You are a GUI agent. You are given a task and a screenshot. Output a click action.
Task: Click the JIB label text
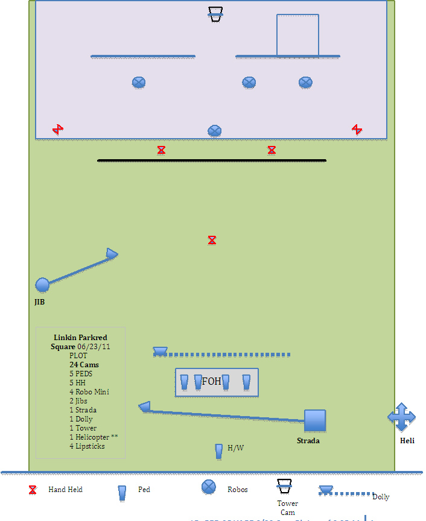click(x=39, y=302)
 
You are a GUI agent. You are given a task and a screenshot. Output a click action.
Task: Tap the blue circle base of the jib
click(x=42, y=285)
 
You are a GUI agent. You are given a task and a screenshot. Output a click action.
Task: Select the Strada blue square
click(x=314, y=420)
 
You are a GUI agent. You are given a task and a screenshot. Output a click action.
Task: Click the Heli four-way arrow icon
click(x=401, y=417)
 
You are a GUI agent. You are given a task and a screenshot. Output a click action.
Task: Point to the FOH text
click(x=211, y=382)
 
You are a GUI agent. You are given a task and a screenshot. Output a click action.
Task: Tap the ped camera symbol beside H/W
click(x=218, y=451)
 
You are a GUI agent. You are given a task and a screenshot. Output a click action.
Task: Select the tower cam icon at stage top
click(x=215, y=14)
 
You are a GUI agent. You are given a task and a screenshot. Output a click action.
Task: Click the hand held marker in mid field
click(x=212, y=241)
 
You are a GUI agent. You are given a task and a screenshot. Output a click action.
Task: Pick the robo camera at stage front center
click(x=214, y=131)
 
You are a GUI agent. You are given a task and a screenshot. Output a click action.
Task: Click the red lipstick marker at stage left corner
click(x=58, y=129)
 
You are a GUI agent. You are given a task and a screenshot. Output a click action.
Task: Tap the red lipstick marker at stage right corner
click(x=357, y=129)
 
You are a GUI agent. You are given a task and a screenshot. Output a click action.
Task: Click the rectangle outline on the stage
click(x=297, y=35)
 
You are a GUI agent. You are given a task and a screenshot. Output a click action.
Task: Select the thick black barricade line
click(x=212, y=160)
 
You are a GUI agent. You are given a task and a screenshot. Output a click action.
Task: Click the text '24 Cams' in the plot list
click(x=84, y=365)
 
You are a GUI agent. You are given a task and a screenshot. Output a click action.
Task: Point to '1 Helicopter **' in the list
click(x=89, y=437)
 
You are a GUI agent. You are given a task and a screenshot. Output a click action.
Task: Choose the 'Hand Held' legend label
click(x=65, y=490)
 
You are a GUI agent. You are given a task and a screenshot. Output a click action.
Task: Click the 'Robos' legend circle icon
click(x=209, y=487)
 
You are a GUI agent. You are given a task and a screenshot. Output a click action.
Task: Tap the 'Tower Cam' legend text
click(x=288, y=508)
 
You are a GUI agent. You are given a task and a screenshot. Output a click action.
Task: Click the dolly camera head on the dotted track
click(x=160, y=351)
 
